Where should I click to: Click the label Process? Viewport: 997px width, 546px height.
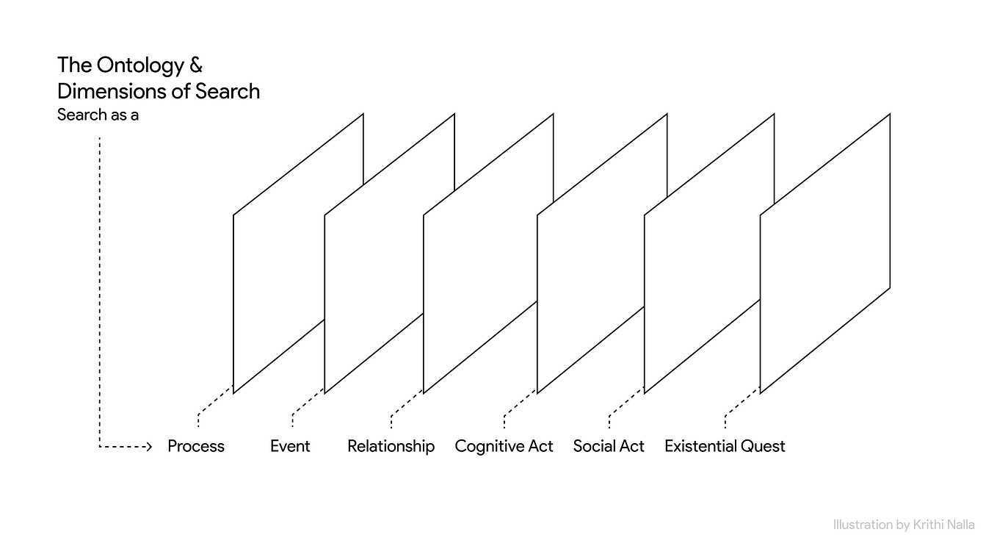(x=196, y=446)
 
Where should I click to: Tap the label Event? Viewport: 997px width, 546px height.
(x=290, y=446)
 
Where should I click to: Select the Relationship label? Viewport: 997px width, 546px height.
(x=391, y=447)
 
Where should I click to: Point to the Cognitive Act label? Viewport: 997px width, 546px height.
(x=504, y=447)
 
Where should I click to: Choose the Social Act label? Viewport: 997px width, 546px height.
(x=609, y=446)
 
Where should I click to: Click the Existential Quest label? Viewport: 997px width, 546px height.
(x=725, y=446)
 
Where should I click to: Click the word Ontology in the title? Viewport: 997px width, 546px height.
(x=140, y=66)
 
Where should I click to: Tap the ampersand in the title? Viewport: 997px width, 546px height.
(x=196, y=65)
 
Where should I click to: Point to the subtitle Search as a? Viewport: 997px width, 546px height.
(x=98, y=115)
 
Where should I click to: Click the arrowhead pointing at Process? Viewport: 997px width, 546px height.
(x=149, y=446)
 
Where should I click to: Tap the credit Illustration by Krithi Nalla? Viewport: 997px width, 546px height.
(x=904, y=525)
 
